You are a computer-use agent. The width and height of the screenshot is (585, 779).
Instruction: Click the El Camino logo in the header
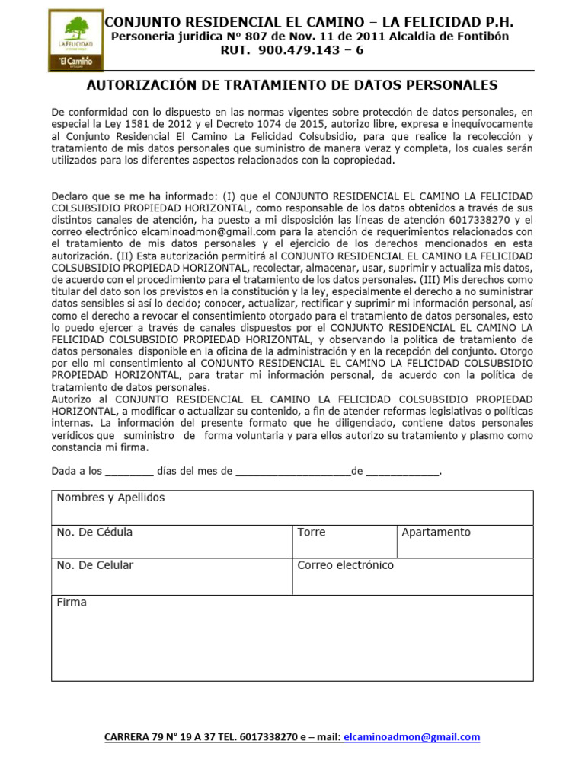pyautogui.click(x=75, y=40)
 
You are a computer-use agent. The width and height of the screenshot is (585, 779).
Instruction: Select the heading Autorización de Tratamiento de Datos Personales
pyautogui.click(x=292, y=85)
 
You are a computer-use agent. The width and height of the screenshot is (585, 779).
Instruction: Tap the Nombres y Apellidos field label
pyautogui.click(x=110, y=498)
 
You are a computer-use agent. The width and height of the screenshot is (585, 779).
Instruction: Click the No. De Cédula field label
pyautogui.click(x=94, y=533)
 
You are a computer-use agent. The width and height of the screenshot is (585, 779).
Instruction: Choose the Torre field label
pyautogui.click(x=312, y=533)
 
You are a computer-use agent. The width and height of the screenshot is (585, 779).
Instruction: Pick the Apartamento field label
pyautogui.click(x=436, y=533)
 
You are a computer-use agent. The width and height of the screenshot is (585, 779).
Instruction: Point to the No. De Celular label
pyautogui.click(x=95, y=565)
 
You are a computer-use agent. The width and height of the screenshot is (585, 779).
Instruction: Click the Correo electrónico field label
pyautogui.click(x=346, y=565)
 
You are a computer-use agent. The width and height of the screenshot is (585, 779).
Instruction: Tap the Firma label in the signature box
pyautogui.click(x=72, y=603)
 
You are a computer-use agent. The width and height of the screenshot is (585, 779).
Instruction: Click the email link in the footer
pyautogui.click(x=412, y=736)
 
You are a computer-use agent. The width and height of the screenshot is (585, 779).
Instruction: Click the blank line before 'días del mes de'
pyautogui.click(x=129, y=472)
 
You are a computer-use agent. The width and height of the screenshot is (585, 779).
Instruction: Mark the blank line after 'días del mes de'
pyautogui.click(x=293, y=472)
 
